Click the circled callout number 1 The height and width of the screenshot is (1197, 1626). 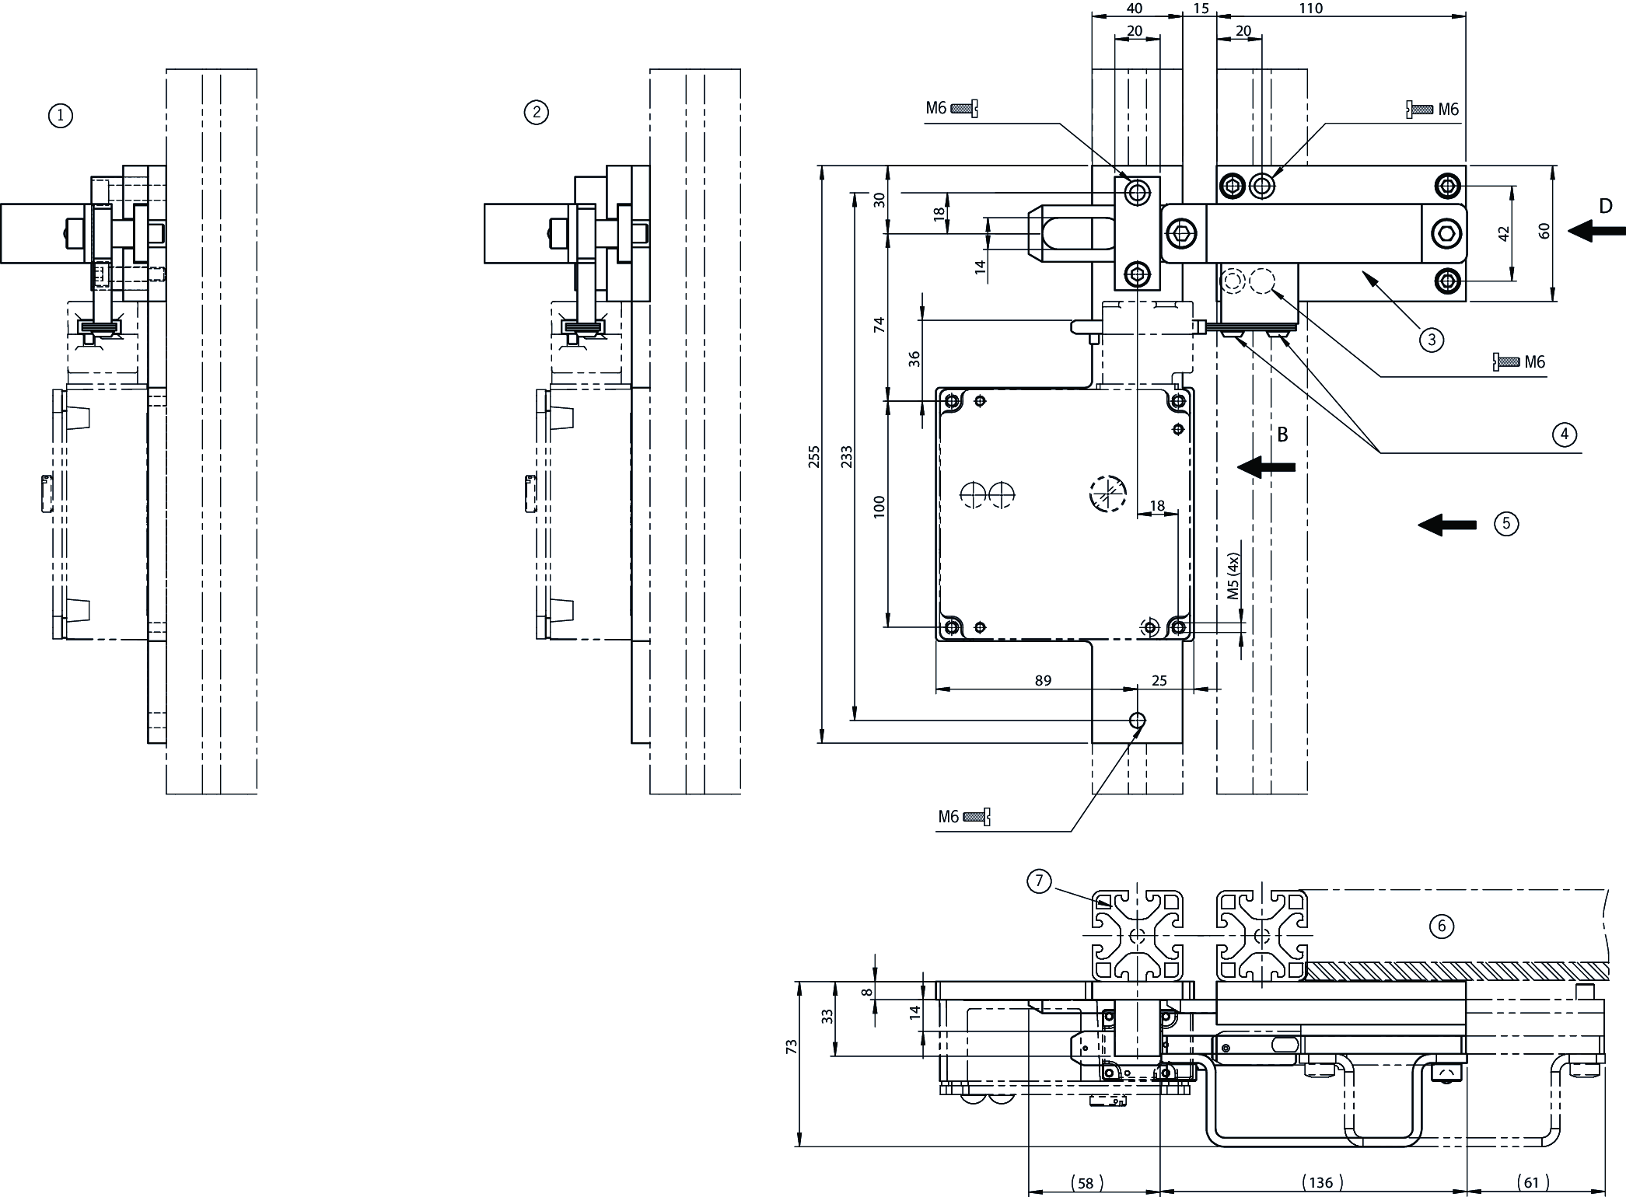tap(60, 117)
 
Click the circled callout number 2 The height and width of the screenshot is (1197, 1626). tap(536, 113)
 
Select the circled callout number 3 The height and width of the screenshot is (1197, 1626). tap(1431, 339)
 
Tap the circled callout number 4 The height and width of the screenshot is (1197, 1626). tap(1564, 434)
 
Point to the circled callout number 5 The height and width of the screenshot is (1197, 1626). tap(1506, 523)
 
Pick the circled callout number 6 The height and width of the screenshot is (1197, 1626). tap(1442, 926)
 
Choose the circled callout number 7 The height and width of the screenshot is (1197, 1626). tap(1039, 881)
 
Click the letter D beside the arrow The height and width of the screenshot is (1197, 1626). tap(1606, 207)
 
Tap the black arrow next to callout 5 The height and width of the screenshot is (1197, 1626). tap(1447, 525)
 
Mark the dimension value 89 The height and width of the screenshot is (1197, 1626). tap(1043, 681)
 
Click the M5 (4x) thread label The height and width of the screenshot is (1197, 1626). tap(1233, 576)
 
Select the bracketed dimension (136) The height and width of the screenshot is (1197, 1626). tap(1321, 1183)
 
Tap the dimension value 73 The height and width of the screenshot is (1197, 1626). tap(792, 1046)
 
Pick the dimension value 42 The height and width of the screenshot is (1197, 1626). tap(1503, 233)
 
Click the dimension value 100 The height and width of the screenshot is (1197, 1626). tap(879, 507)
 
